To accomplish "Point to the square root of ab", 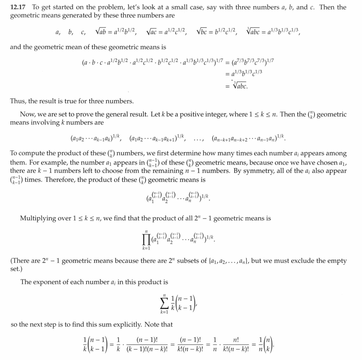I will (x=103, y=33).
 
